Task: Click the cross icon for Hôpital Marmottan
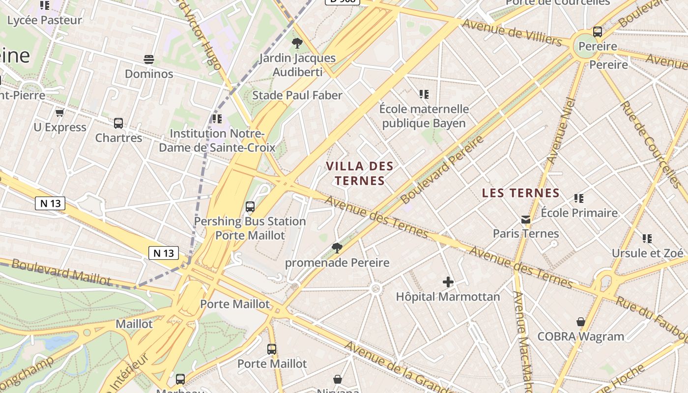[x=448, y=282]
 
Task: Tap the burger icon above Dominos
[x=149, y=59]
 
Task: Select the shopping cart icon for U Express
[x=60, y=113]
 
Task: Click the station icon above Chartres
[x=118, y=123]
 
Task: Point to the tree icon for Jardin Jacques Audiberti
[x=297, y=43]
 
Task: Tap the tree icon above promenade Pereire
[x=337, y=248]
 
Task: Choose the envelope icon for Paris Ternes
[x=526, y=219]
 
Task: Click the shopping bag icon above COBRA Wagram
[x=581, y=322]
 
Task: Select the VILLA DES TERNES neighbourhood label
[x=360, y=173]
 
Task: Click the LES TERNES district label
[x=521, y=193]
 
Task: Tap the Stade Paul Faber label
[x=297, y=95]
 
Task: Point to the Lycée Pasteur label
[x=45, y=20]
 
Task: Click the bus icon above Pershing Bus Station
[x=250, y=207]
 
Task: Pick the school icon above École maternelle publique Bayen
[x=424, y=94]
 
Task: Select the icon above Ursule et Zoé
[x=647, y=239]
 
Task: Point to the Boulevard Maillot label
[x=61, y=272]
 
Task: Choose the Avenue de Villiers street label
[x=512, y=32]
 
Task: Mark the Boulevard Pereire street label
[x=442, y=170]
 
